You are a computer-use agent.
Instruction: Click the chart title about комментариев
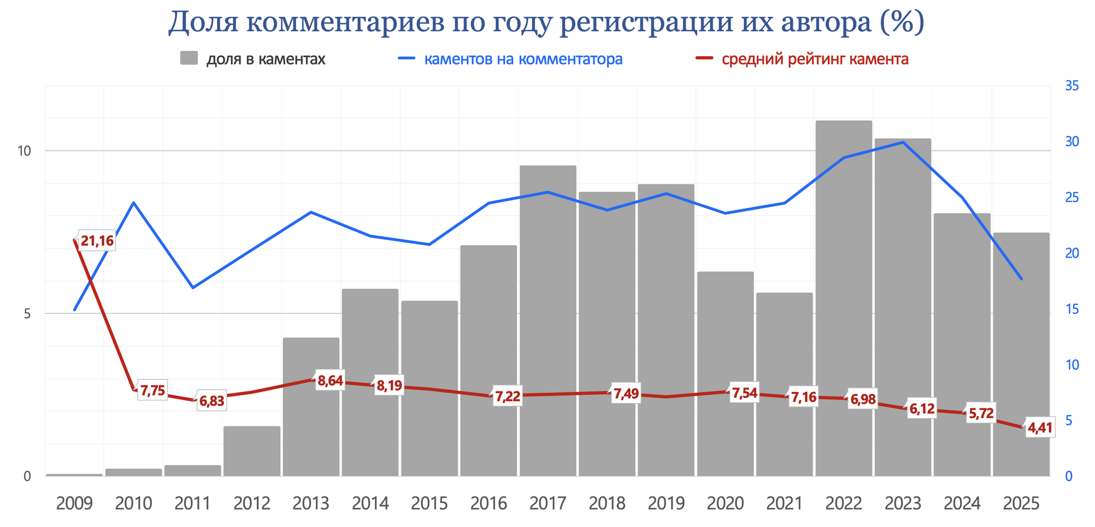point(546,22)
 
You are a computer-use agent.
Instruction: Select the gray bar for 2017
point(548,321)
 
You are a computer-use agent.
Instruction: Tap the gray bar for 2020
point(726,374)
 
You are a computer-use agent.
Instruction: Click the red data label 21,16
point(97,241)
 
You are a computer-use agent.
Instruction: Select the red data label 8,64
point(330,381)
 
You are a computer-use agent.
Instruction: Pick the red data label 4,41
point(1040,428)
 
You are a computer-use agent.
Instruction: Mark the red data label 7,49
point(626,394)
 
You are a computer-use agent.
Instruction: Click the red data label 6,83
point(212,401)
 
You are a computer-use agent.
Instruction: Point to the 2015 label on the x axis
point(429,503)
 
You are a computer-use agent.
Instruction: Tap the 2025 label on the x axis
point(1021,503)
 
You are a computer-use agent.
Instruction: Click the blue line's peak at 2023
point(903,142)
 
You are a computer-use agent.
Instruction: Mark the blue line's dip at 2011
point(193,288)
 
